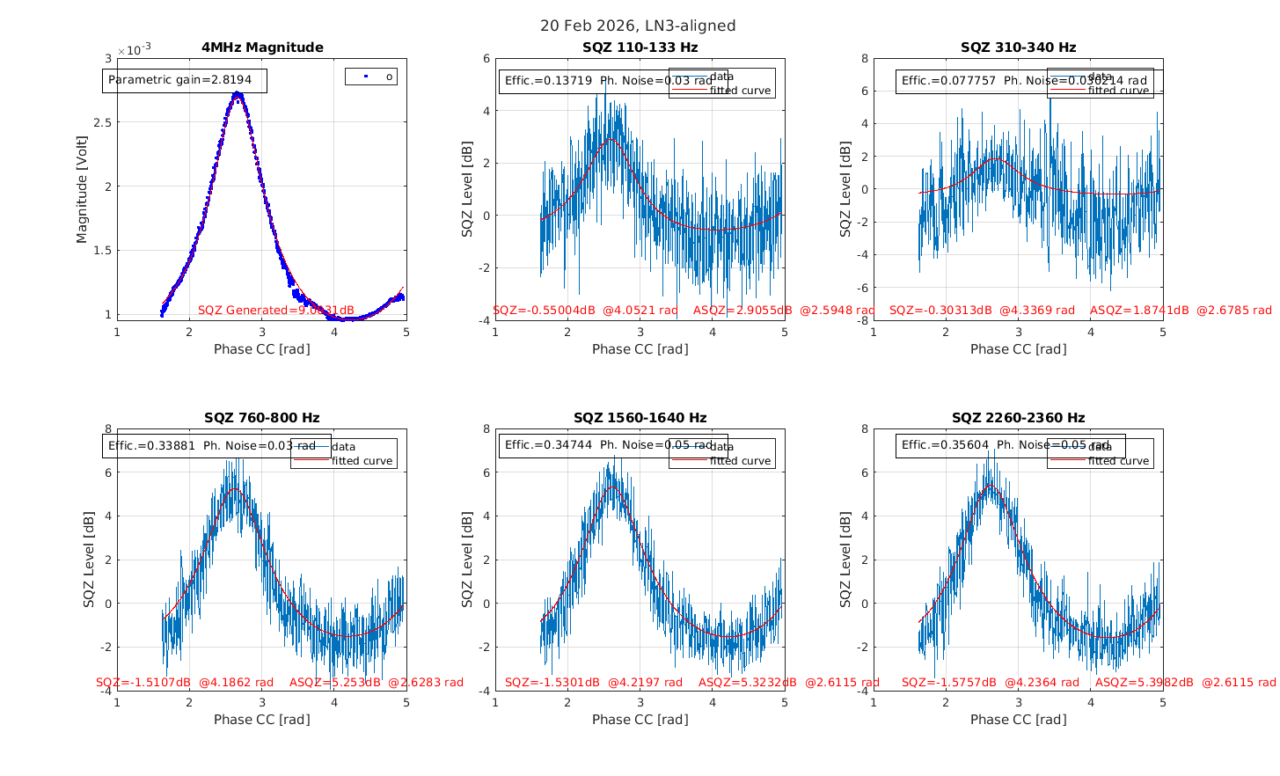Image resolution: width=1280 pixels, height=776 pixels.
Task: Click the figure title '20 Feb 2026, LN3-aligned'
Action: pos(638,26)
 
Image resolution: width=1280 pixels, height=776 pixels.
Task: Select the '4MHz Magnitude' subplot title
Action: pos(262,48)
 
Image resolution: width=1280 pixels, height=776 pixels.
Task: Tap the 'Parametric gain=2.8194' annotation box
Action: pos(185,80)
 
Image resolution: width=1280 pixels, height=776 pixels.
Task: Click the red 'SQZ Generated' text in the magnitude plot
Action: pos(275,310)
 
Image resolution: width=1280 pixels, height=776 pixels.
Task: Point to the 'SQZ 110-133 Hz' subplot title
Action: pos(640,48)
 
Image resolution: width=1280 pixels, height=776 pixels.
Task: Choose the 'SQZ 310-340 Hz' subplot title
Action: pos(1018,48)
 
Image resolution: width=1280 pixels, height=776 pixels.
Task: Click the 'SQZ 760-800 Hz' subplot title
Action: pos(262,418)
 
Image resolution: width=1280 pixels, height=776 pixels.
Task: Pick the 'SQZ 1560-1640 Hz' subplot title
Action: pos(640,418)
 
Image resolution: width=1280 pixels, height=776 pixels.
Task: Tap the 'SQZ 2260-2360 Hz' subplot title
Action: pos(1018,418)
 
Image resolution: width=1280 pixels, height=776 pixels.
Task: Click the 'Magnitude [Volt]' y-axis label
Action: pos(82,189)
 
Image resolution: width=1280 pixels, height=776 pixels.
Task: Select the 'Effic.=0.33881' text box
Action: pos(216,446)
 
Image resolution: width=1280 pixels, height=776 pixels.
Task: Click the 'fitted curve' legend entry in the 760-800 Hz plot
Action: pos(362,461)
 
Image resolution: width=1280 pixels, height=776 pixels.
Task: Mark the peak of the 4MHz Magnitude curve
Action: pos(237,94)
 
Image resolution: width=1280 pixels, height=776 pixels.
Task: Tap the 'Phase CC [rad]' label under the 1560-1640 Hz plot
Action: pos(640,720)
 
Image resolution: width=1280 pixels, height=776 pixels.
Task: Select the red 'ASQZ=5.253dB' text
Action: pos(335,682)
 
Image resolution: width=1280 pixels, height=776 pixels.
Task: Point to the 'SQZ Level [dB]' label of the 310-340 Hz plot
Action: pos(845,189)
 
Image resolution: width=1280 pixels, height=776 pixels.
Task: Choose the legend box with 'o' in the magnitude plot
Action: pos(371,77)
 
